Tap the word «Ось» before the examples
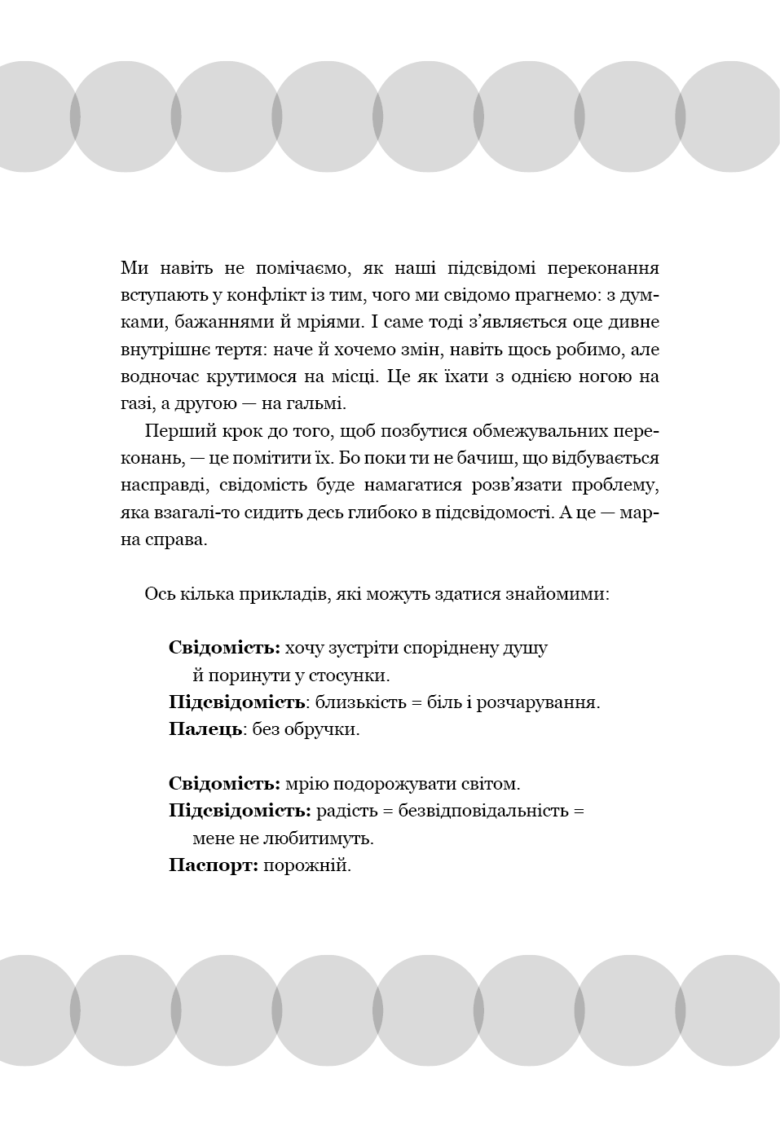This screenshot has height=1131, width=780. point(157,594)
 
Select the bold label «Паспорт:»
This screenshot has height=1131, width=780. point(214,865)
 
